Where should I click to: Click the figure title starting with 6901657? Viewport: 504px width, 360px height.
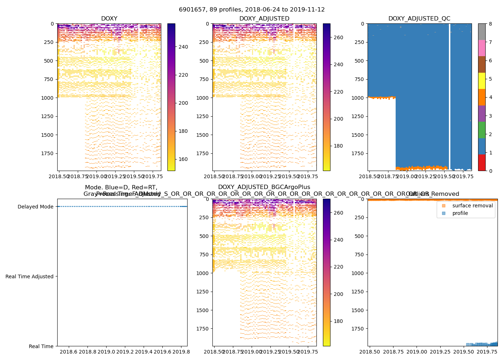pyautogui.click(x=252, y=10)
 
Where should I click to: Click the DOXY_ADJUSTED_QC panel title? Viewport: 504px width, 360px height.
pyautogui.click(x=419, y=18)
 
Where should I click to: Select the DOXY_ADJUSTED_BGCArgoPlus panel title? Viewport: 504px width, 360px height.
pyautogui.click(x=264, y=187)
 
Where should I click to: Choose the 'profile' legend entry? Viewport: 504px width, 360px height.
pyautogui.click(x=460, y=213)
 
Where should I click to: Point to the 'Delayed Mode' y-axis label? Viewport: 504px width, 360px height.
pyautogui.click(x=35, y=207)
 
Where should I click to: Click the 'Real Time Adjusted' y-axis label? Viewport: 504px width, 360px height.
pyautogui.click(x=30, y=276)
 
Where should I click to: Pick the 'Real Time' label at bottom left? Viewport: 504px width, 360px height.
pyautogui.click(x=41, y=346)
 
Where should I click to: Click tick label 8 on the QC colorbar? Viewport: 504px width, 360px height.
pyautogui.click(x=490, y=24)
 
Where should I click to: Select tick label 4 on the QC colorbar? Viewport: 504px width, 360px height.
pyautogui.click(x=490, y=97)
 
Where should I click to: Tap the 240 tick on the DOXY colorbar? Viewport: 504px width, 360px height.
pyautogui.click(x=183, y=47)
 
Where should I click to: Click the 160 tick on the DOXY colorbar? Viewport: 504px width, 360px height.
pyautogui.click(x=183, y=159)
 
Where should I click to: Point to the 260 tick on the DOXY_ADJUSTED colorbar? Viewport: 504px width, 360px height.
pyautogui.click(x=338, y=37)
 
